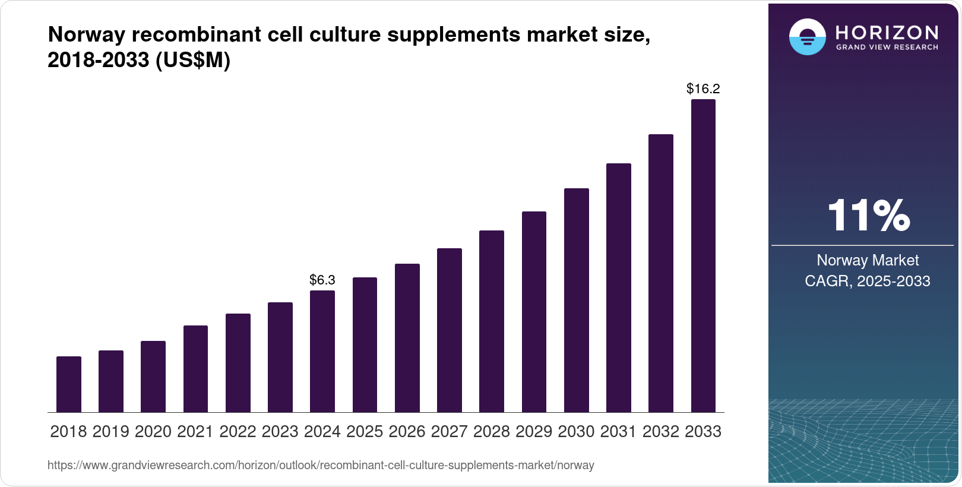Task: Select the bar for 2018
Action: tap(69, 384)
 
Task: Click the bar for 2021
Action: tap(195, 369)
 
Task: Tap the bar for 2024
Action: tap(322, 351)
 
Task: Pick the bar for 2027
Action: tap(449, 330)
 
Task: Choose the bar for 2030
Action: tap(576, 300)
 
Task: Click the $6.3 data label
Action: tap(322, 280)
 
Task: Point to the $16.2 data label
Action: tap(703, 89)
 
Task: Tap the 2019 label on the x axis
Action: tap(111, 432)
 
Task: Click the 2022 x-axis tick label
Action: tap(238, 432)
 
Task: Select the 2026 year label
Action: tap(407, 432)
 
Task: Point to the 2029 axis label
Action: tap(534, 432)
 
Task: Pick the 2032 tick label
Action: tap(661, 432)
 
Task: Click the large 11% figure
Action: tap(868, 215)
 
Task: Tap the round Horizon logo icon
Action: tap(807, 37)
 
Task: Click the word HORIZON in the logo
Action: tap(887, 32)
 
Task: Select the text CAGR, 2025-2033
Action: tap(868, 281)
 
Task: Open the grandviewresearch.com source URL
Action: tap(321, 466)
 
